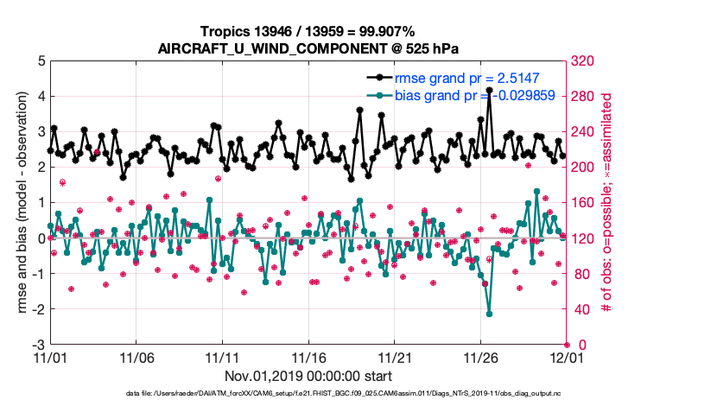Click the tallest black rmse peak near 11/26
(490, 90)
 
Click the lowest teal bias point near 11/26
(490, 314)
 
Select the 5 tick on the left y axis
(41, 61)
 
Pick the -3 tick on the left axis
(39, 345)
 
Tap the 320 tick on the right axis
(583, 61)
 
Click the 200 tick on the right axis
(583, 168)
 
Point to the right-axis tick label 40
(580, 309)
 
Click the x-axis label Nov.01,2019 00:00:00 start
(308, 376)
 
